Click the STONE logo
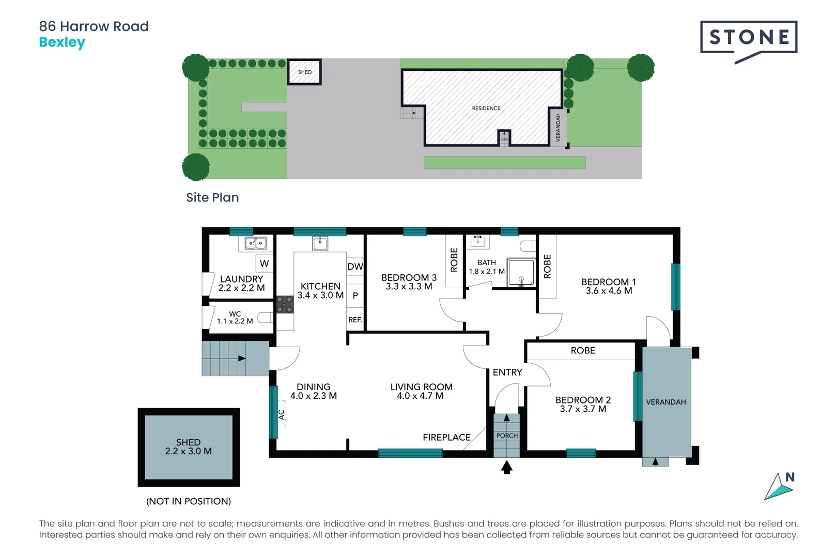(x=748, y=38)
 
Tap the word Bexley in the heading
(x=62, y=42)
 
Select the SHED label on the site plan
(x=305, y=72)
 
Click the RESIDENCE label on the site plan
(x=486, y=109)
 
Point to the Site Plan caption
(x=212, y=197)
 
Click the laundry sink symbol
(x=256, y=243)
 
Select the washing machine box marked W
(x=264, y=263)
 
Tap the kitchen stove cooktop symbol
(x=284, y=304)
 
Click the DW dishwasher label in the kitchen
(x=355, y=267)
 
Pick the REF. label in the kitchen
(x=355, y=320)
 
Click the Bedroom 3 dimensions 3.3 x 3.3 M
(x=409, y=287)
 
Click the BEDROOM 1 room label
(x=608, y=282)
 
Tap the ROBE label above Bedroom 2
(x=583, y=351)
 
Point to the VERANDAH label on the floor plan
(x=665, y=402)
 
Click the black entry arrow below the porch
(x=507, y=468)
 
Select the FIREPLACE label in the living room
(x=446, y=438)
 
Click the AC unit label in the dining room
(x=282, y=414)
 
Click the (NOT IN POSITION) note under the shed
(x=189, y=501)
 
